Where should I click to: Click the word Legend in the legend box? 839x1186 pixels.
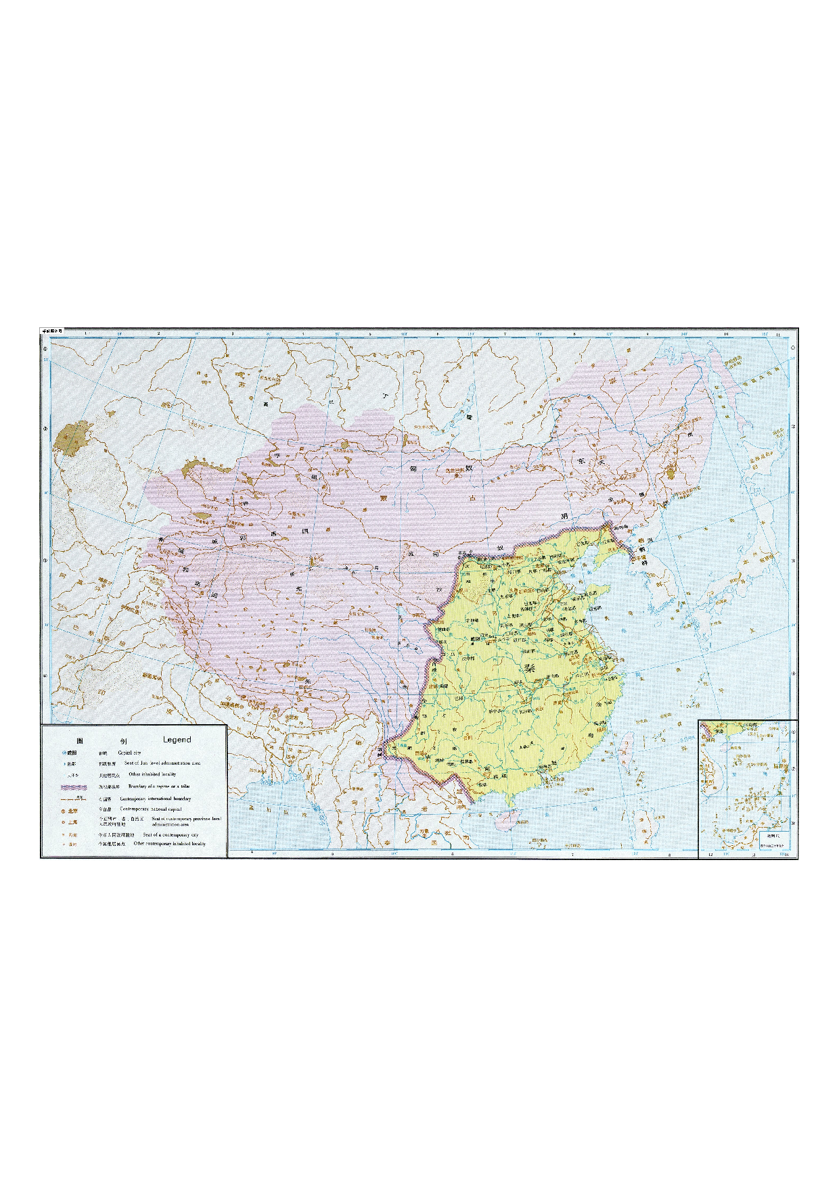177,740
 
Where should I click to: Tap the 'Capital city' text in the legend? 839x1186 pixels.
129,753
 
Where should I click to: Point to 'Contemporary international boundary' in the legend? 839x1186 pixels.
156,799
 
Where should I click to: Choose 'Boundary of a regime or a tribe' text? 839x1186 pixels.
159,786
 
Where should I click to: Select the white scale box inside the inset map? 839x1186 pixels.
773,838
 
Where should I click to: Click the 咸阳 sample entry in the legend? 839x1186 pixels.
72,753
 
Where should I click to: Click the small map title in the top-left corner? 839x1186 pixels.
52,331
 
